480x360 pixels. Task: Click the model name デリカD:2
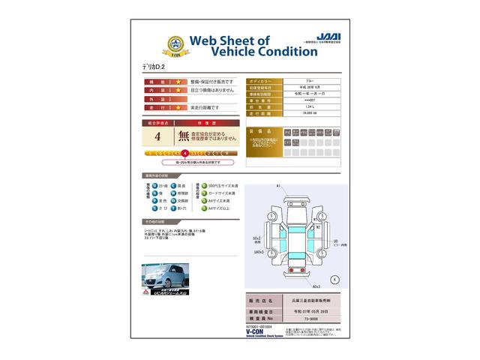click(x=156, y=66)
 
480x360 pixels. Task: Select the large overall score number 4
click(x=157, y=137)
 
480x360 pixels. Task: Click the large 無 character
click(x=184, y=137)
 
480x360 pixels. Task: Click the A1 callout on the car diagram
click(x=277, y=184)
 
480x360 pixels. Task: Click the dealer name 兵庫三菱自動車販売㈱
click(x=310, y=301)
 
